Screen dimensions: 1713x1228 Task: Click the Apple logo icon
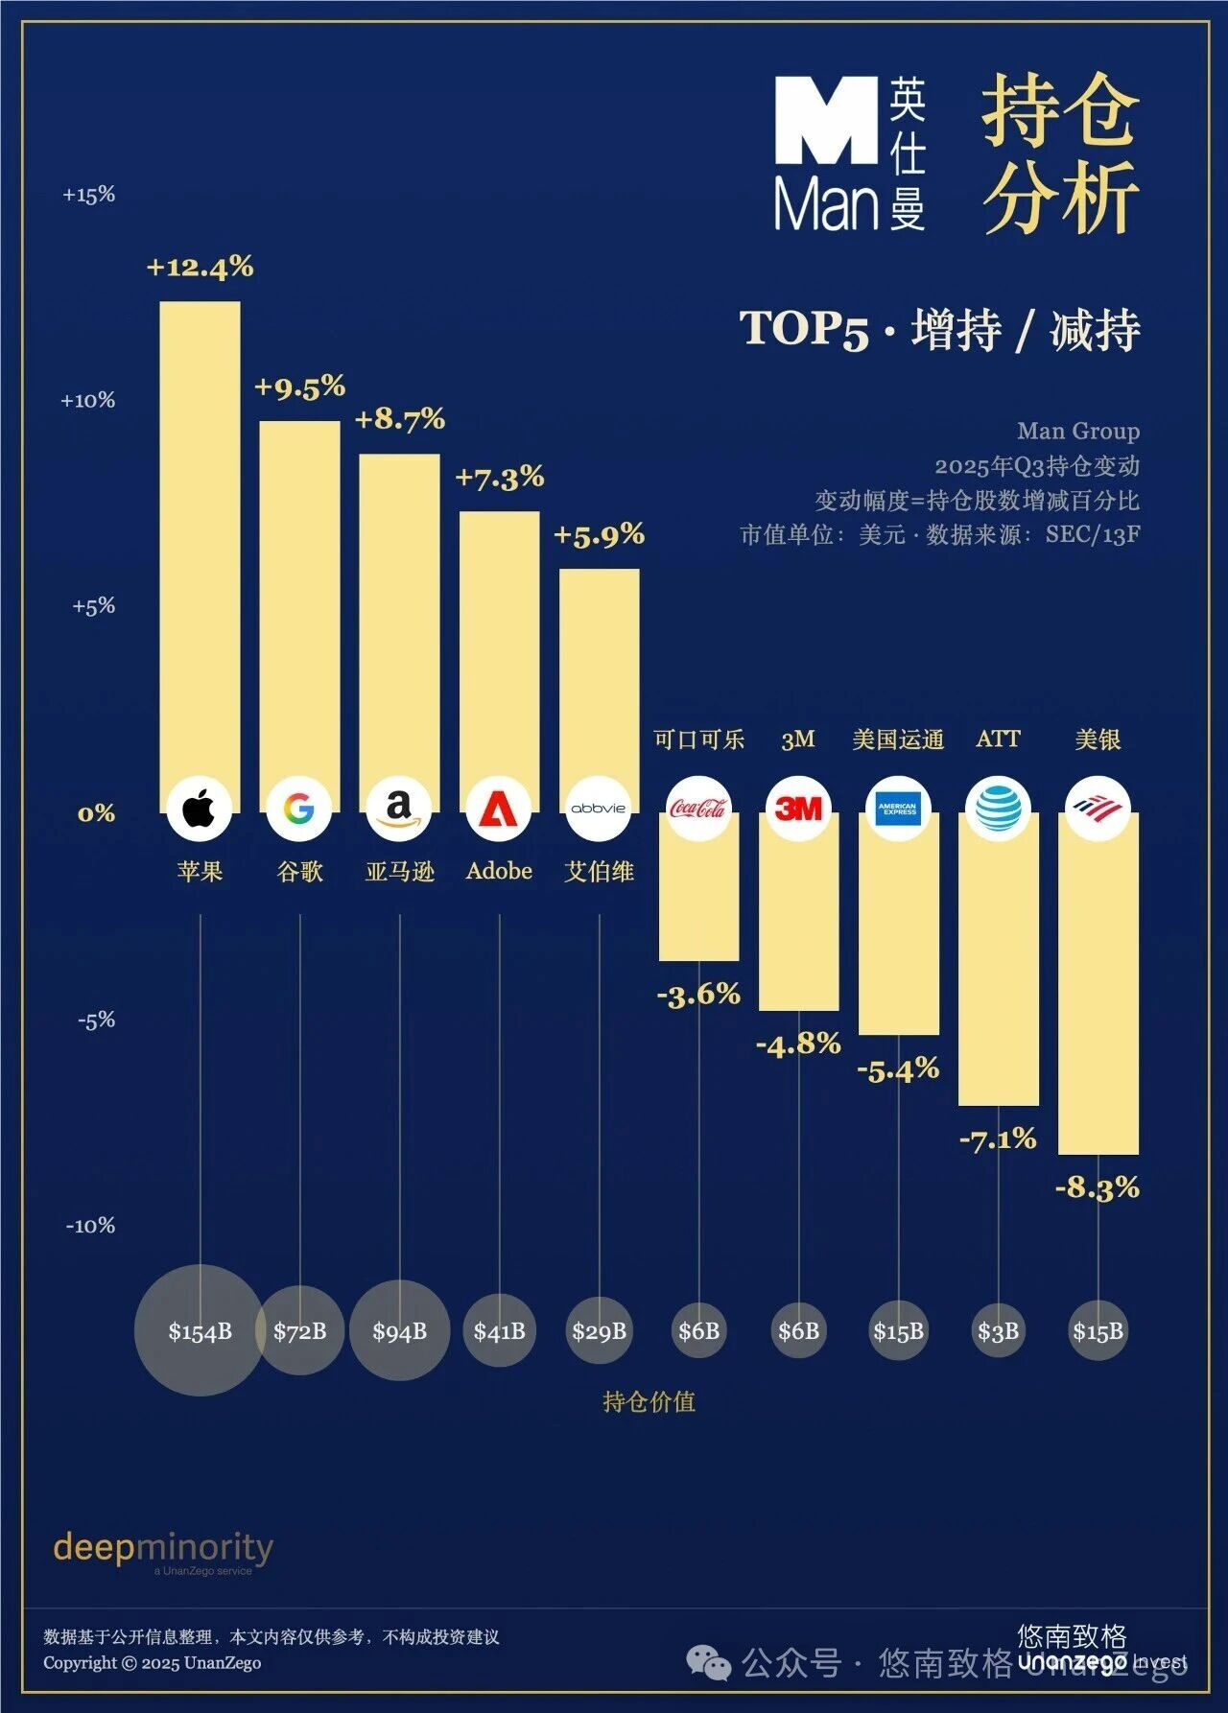tap(200, 808)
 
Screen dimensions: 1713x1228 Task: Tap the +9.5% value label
tap(299, 387)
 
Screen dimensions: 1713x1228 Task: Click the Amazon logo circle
tap(399, 808)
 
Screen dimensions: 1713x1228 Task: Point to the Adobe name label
tap(499, 871)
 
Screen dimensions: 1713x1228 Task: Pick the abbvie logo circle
tap(599, 808)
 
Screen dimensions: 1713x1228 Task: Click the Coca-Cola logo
tap(698, 808)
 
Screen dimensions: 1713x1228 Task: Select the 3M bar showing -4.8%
tap(798, 921)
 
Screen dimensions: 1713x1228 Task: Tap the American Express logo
tap(898, 808)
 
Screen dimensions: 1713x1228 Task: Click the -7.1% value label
tap(998, 1139)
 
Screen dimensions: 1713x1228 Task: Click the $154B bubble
tap(200, 1330)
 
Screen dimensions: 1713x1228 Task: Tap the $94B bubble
tap(399, 1330)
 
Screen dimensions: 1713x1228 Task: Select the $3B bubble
tap(998, 1330)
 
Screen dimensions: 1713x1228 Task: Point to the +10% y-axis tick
tap(87, 400)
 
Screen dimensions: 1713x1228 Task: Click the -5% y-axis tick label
tap(96, 1020)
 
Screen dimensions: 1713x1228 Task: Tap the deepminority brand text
tap(163, 1546)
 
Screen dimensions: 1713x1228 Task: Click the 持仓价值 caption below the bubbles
tap(649, 1402)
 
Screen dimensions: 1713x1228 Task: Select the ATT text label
tap(998, 739)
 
